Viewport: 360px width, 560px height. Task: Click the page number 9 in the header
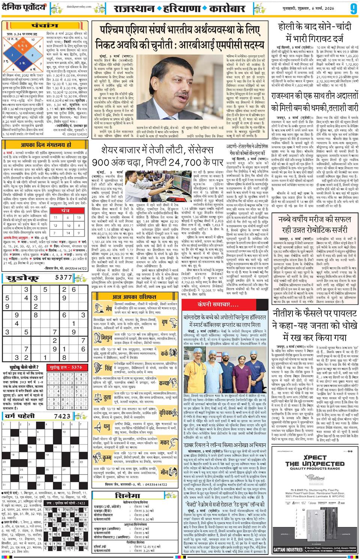[353, 9]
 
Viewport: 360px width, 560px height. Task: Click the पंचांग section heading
[46, 26]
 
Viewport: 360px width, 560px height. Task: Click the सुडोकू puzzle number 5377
[63, 278]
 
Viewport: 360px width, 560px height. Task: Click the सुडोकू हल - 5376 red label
[68, 367]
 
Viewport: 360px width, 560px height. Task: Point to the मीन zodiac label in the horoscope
[164, 472]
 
